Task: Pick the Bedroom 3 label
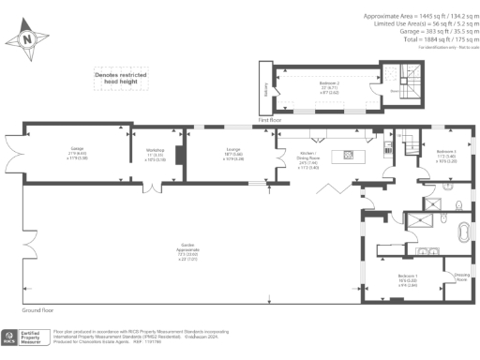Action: (x=446, y=154)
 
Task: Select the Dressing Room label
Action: (x=460, y=277)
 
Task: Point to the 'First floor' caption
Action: (x=270, y=121)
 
